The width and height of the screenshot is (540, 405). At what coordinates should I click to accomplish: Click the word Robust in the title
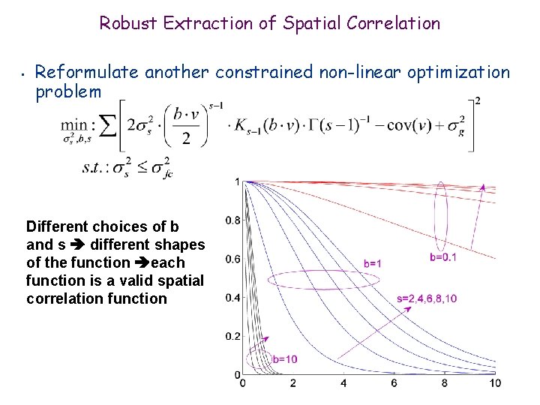[128, 23]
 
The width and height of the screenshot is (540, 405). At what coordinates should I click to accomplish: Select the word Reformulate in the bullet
[87, 73]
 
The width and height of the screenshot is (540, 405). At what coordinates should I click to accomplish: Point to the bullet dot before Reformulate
[24, 75]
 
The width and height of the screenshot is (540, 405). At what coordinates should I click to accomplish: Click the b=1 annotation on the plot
[373, 263]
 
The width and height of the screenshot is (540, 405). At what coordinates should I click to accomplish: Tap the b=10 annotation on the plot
[284, 359]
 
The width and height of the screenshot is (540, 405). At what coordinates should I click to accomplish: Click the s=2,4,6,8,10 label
[427, 298]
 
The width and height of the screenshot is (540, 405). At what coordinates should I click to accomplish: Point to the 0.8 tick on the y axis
[232, 220]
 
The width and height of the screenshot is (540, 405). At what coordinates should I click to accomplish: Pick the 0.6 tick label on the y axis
[232, 259]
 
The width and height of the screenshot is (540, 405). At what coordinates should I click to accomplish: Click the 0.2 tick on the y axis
[232, 336]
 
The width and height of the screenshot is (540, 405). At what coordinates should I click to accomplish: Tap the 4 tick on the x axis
[343, 383]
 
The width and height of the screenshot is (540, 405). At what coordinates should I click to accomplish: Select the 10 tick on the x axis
[495, 383]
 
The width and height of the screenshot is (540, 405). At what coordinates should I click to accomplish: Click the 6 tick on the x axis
[394, 383]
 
